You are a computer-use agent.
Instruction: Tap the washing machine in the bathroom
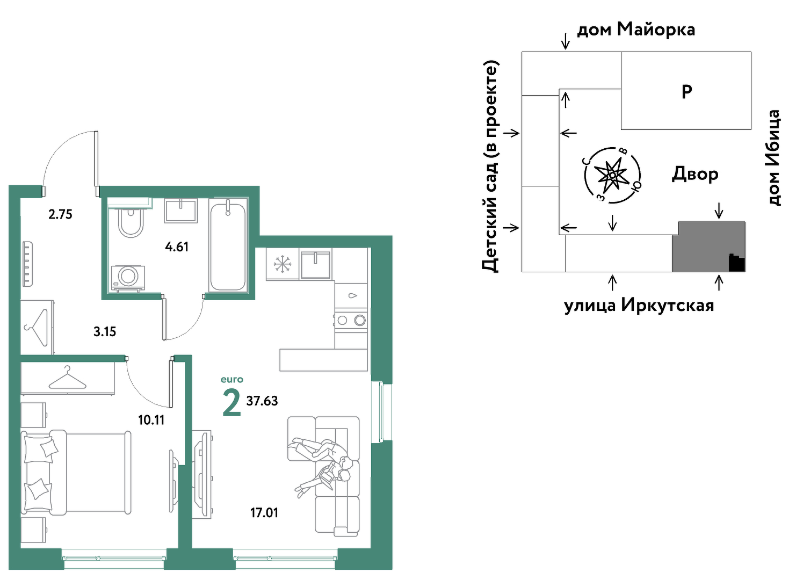click(128, 278)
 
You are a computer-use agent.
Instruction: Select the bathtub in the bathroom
click(228, 247)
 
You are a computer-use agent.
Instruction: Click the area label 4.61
click(177, 247)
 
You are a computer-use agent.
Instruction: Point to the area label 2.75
click(60, 214)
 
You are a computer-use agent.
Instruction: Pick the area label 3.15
click(105, 332)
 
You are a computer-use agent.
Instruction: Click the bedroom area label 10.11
click(151, 420)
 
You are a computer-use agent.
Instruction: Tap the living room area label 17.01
click(264, 513)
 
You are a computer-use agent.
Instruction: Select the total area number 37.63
click(262, 401)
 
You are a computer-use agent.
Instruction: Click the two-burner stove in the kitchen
click(351, 320)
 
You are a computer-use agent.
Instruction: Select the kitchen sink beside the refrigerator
click(315, 265)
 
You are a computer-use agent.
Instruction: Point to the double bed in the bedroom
click(76, 472)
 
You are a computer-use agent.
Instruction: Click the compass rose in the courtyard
click(613, 175)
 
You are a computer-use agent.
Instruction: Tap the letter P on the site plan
click(686, 92)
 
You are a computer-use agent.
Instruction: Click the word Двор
click(695, 174)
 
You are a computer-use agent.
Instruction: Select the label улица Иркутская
click(639, 306)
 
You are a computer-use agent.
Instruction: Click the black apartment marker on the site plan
click(737, 263)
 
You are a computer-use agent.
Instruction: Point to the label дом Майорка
click(636, 30)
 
